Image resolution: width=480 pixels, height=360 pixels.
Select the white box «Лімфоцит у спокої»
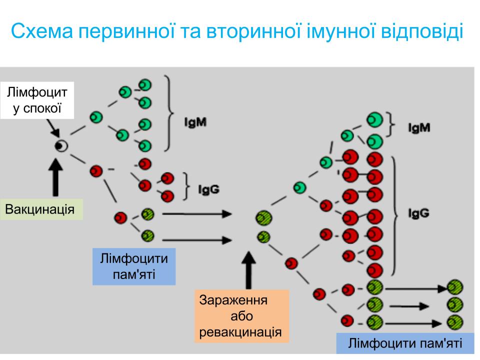[37, 100]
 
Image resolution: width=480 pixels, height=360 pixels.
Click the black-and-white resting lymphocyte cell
[61, 145]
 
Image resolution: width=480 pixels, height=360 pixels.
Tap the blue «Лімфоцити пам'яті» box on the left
[133, 266]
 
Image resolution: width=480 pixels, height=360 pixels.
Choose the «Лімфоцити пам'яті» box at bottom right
[405, 343]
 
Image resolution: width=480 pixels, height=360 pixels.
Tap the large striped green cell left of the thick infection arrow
[263, 218]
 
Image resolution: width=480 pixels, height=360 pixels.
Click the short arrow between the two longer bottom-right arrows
[408, 305]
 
